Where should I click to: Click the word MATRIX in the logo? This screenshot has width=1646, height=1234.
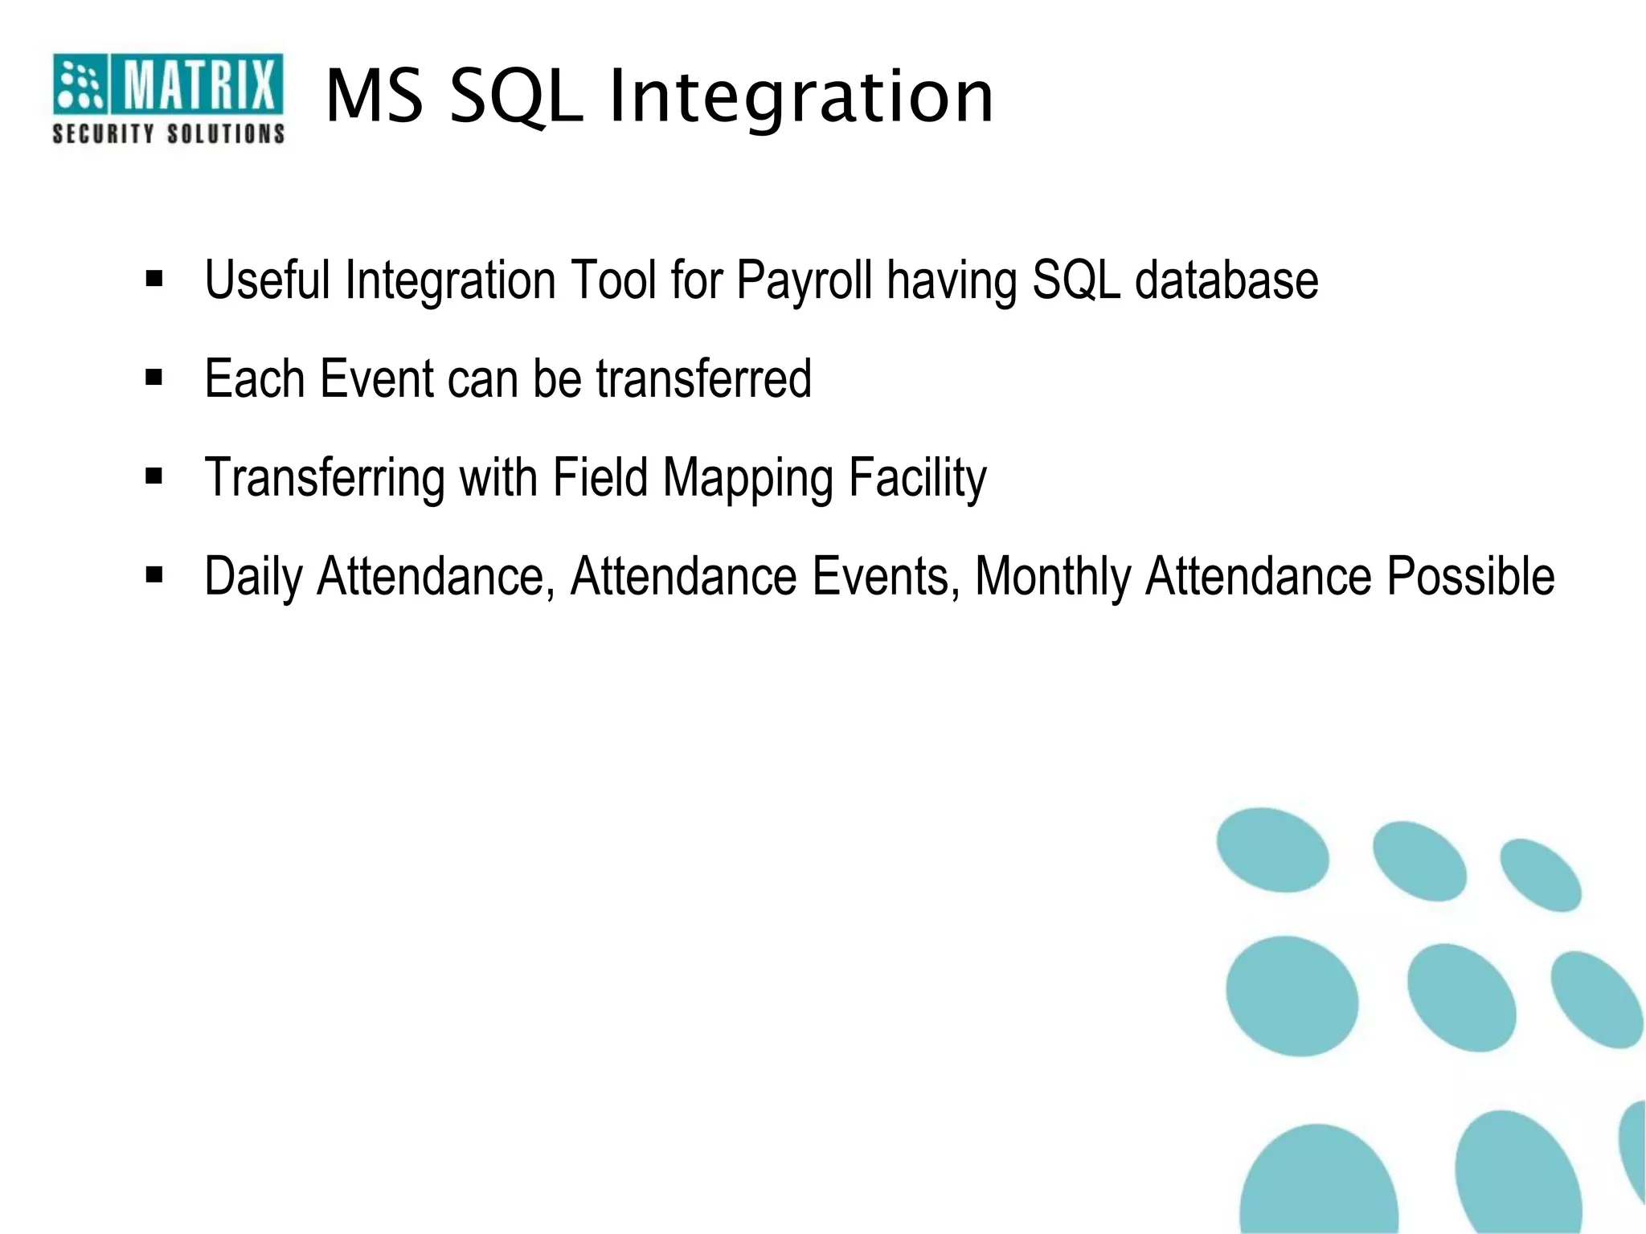pos(197,85)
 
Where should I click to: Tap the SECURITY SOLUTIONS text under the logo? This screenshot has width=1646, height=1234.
pos(168,133)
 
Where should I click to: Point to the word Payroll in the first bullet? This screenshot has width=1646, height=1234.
pos(804,281)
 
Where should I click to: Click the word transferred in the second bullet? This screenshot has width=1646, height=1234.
pos(703,378)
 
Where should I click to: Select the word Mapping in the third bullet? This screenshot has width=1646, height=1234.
pos(747,479)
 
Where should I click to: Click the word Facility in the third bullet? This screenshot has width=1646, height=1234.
pos(917,479)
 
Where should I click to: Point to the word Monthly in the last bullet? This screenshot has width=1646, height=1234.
pos(1053,577)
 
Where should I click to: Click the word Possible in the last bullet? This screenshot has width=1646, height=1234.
pos(1471,577)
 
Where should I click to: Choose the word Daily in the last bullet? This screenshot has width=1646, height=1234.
pos(253,577)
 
